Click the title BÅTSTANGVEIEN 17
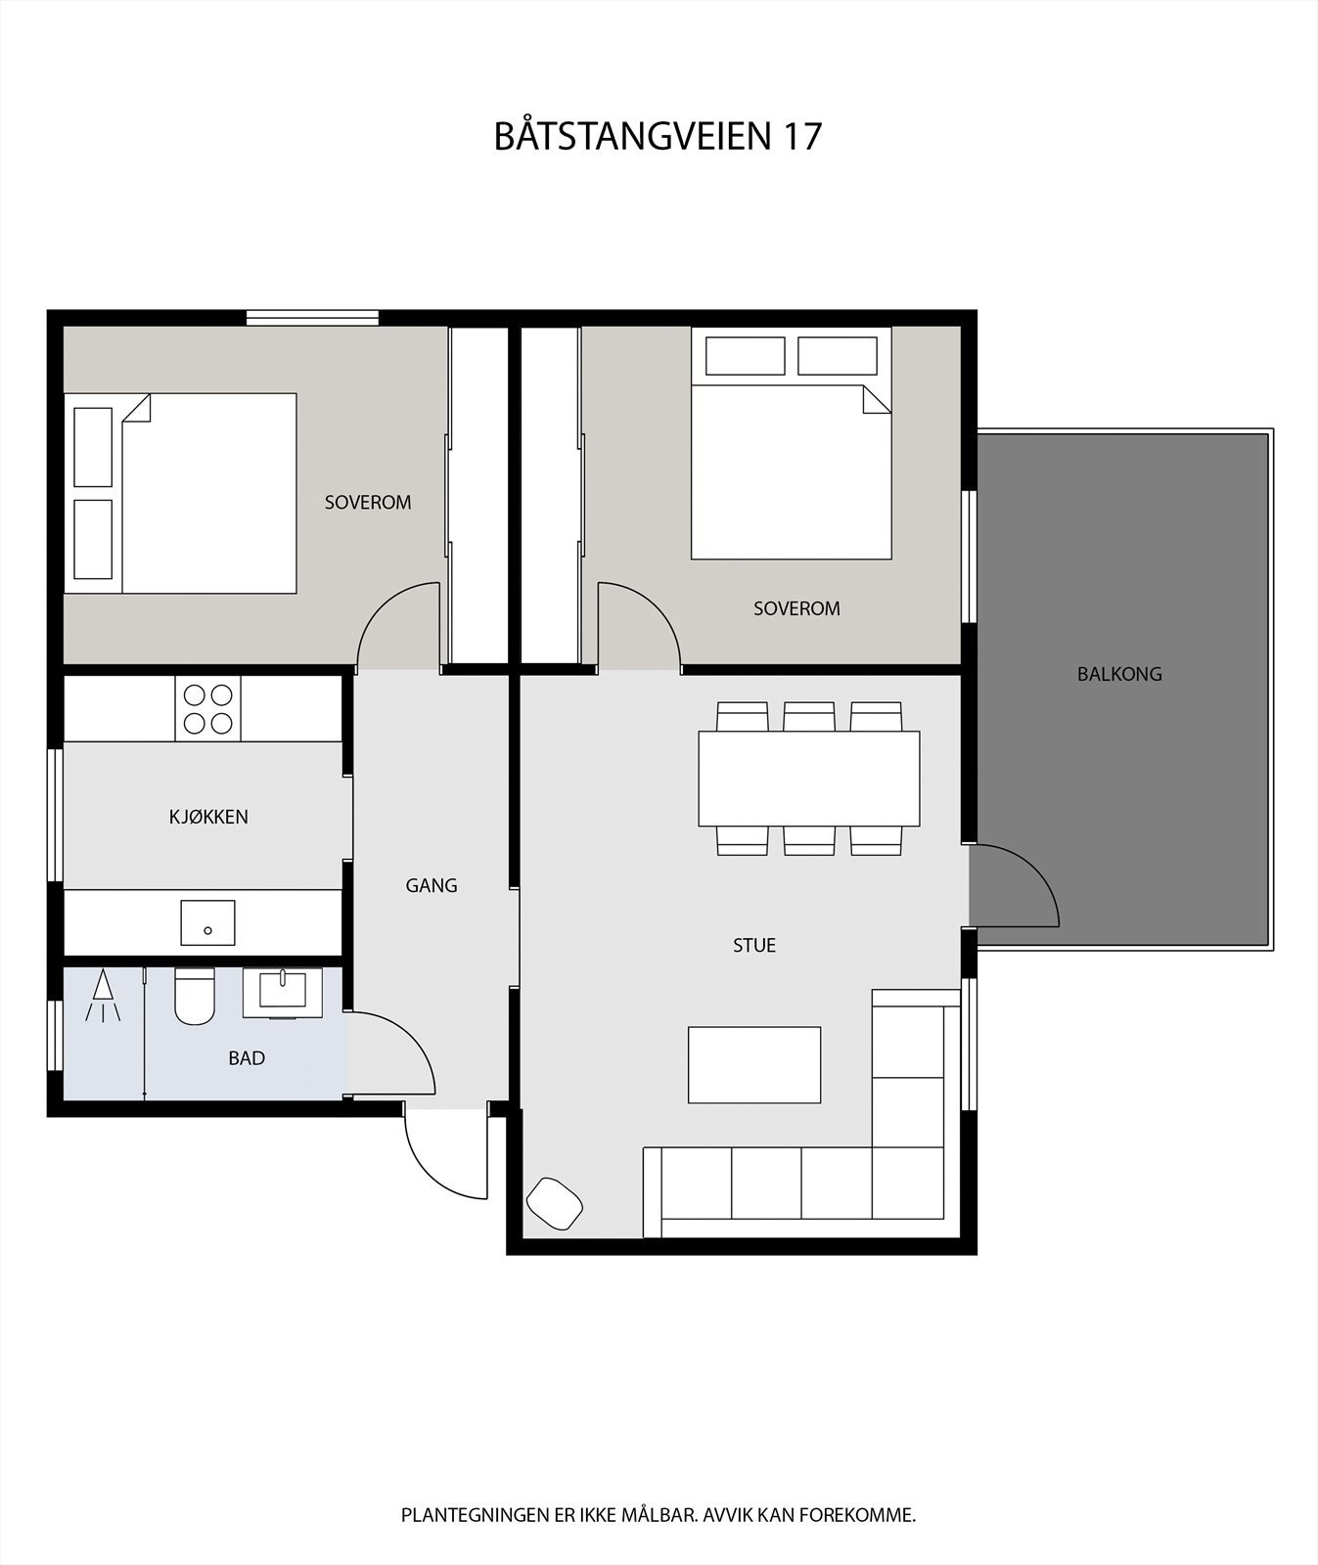pyautogui.click(x=658, y=136)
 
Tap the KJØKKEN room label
pyautogui.click(x=208, y=817)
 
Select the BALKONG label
pyautogui.click(x=1119, y=674)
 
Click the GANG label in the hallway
pyautogui.click(x=432, y=885)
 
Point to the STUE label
pyautogui.click(x=754, y=945)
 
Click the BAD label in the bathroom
pyautogui.click(x=247, y=1057)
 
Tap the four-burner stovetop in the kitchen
pyautogui.click(x=208, y=708)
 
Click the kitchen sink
pyautogui.click(x=207, y=922)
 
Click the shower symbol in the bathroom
pyautogui.click(x=103, y=997)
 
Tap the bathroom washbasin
pyautogui.click(x=282, y=992)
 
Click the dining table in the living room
pyautogui.click(x=808, y=779)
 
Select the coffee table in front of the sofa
pyautogui.click(x=753, y=1064)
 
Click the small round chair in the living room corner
pyautogui.click(x=555, y=1203)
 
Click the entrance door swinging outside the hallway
pyautogui.click(x=445, y=1154)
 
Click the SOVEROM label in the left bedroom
pyautogui.click(x=368, y=502)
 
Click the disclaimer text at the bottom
pyautogui.click(x=658, y=1515)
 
